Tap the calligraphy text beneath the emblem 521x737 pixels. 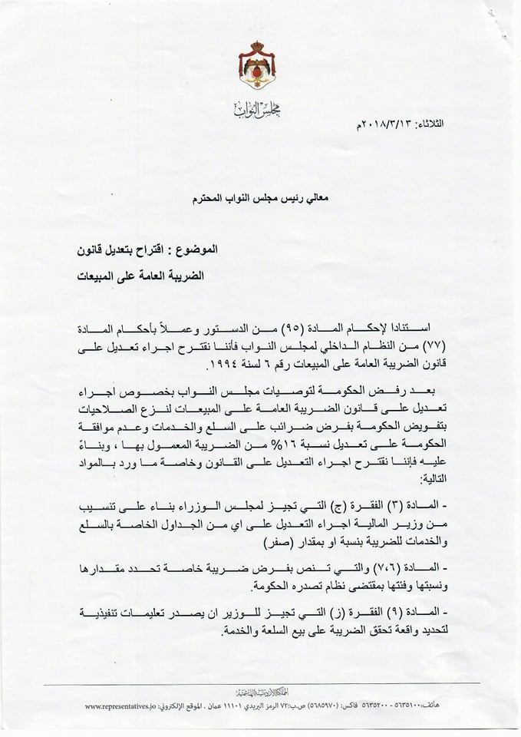pyautogui.click(x=257, y=109)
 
